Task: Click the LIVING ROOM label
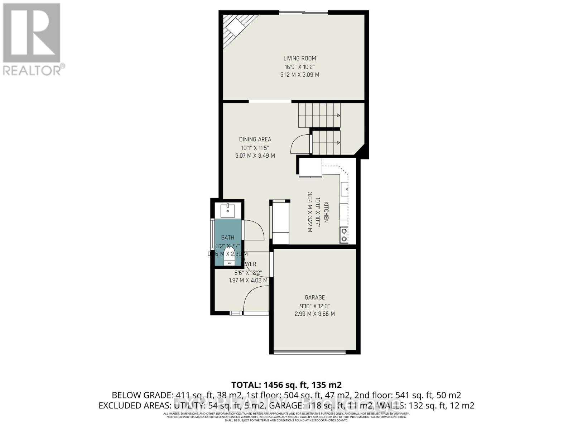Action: click(x=299, y=58)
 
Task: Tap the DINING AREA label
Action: click(x=255, y=139)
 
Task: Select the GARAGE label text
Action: click(x=314, y=297)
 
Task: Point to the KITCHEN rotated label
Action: click(x=326, y=212)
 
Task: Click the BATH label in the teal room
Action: click(x=227, y=238)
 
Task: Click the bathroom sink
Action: click(x=227, y=211)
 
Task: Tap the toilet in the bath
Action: click(x=228, y=258)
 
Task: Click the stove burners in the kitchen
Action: click(x=344, y=235)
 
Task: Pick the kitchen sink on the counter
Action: click(x=345, y=188)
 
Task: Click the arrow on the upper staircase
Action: click(x=338, y=115)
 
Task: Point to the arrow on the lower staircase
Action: click(x=338, y=143)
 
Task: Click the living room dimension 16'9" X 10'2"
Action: click(x=299, y=67)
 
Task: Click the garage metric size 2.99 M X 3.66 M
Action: click(x=314, y=314)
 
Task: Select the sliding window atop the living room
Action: click(x=303, y=13)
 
